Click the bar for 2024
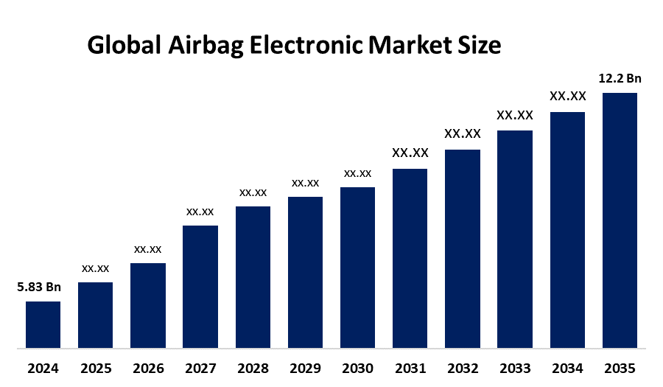43,324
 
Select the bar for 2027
200,286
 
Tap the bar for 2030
357,267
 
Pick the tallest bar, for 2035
620,220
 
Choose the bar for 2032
463,248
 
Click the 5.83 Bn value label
39,287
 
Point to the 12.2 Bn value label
620,77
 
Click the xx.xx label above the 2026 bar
147,249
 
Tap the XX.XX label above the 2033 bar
515,115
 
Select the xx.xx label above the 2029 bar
305,183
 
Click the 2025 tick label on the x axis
95,368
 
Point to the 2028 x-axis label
253,368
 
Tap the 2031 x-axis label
410,368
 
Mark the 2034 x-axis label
567,368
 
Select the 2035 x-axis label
620,368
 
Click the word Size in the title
480,46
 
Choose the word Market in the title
410,46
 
